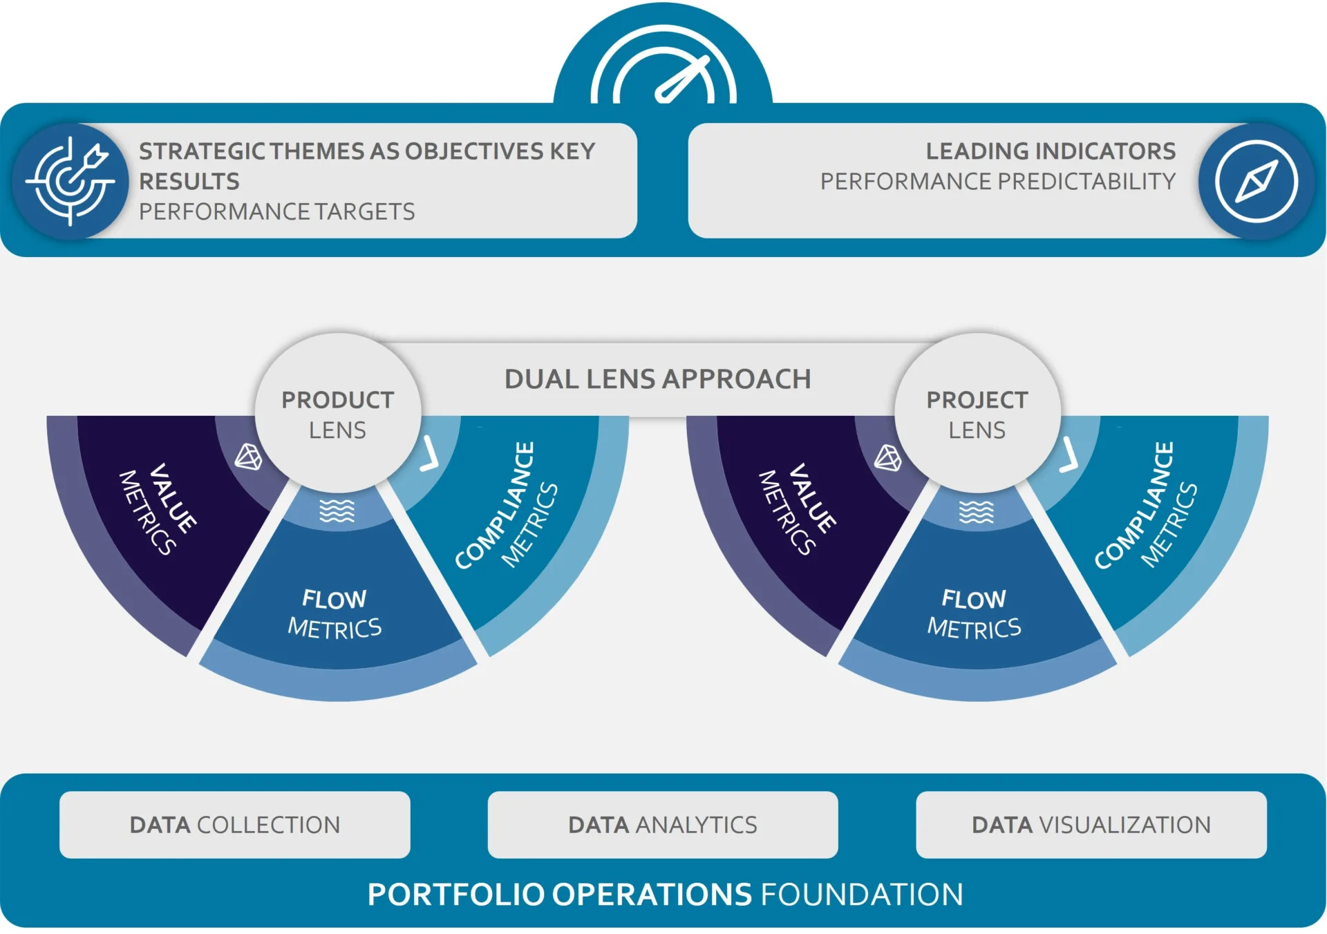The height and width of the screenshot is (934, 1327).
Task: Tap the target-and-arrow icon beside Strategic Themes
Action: [71, 181]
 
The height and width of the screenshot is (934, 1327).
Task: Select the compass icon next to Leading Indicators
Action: [1256, 181]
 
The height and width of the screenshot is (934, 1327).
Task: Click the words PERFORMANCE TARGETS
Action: [276, 211]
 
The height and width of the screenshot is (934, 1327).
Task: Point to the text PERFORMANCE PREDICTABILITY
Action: [997, 182]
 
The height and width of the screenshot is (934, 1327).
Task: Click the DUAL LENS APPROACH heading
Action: [657, 379]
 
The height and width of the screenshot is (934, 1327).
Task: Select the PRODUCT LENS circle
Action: [337, 414]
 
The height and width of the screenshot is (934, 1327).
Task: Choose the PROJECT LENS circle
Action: [977, 414]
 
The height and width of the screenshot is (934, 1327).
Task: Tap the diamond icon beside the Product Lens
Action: [249, 457]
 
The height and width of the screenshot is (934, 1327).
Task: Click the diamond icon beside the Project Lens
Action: [888, 457]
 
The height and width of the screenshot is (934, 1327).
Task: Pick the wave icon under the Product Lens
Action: [337, 511]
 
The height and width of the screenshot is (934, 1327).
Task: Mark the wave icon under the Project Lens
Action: [977, 512]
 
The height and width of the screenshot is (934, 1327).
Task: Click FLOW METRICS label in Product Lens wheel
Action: [335, 613]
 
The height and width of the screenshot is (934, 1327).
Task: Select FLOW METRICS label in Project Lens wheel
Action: [974, 613]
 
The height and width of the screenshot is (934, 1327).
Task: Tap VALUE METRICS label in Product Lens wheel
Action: [158, 510]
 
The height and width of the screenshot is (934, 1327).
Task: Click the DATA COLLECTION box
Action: [235, 825]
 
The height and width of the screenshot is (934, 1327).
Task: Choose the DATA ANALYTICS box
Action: [663, 825]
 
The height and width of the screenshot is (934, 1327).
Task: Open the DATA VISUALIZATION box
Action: [1091, 825]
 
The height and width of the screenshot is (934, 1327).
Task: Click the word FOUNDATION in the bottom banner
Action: [861, 895]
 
